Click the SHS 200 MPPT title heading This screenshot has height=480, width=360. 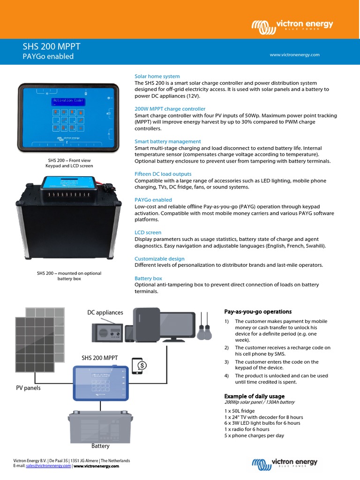(x=52, y=46)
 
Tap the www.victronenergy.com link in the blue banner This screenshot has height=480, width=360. (x=294, y=55)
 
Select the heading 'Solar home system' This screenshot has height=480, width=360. (x=157, y=76)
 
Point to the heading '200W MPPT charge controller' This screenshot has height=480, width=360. (x=170, y=109)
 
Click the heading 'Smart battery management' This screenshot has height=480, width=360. (x=167, y=141)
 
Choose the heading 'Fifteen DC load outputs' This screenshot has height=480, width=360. (x=163, y=174)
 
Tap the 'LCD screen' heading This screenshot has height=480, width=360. (x=148, y=232)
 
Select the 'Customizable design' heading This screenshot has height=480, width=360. (x=159, y=259)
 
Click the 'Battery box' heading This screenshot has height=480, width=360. (x=148, y=278)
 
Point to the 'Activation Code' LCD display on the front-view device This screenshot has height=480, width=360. (x=68, y=101)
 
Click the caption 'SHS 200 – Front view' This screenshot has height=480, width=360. (x=69, y=160)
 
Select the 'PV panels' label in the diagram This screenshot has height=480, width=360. (x=29, y=388)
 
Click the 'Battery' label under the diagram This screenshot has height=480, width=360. (x=100, y=446)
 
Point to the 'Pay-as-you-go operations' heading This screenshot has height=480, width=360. (x=258, y=312)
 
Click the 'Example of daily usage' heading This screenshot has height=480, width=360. (x=254, y=397)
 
